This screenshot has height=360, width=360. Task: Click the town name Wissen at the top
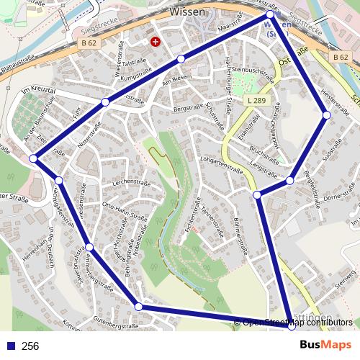coord(188,12)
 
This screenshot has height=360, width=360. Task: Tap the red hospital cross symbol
coord(155,42)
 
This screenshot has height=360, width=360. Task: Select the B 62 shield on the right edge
coord(341,56)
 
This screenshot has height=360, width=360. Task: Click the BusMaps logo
coord(326,346)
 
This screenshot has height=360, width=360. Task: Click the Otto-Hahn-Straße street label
coord(125,212)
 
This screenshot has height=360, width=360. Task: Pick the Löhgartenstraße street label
coord(221,166)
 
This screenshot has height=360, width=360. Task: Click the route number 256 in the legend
coord(30,346)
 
